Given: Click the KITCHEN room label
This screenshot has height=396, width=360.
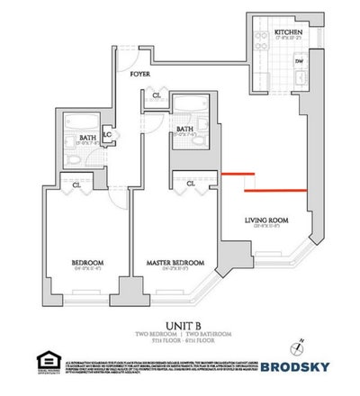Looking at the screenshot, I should [288, 33].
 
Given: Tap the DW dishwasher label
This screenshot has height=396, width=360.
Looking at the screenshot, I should [300, 63].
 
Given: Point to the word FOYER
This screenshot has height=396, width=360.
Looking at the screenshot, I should [139, 75].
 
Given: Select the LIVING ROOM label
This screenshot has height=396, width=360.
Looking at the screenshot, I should [266, 220].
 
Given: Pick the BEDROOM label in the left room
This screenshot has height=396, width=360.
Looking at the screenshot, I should [90, 263].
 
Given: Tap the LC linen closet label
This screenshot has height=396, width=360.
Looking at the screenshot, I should [108, 136].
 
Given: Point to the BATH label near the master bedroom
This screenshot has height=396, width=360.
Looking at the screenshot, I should [186, 130].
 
